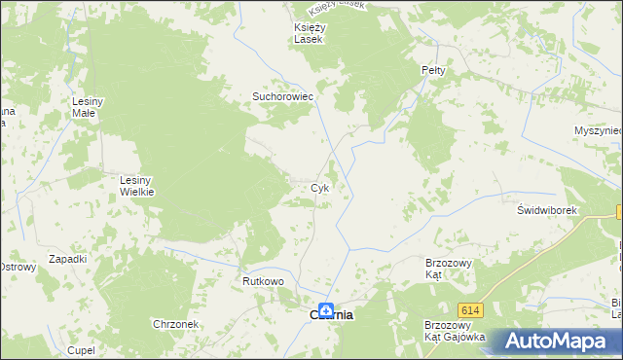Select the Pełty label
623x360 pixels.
click(x=433, y=71)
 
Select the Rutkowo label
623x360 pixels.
click(x=263, y=281)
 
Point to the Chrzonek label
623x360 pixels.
click(x=175, y=324)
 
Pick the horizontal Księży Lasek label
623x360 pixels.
click(x=311, y=33)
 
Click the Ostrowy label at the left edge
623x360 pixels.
click(x=16, y=267)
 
